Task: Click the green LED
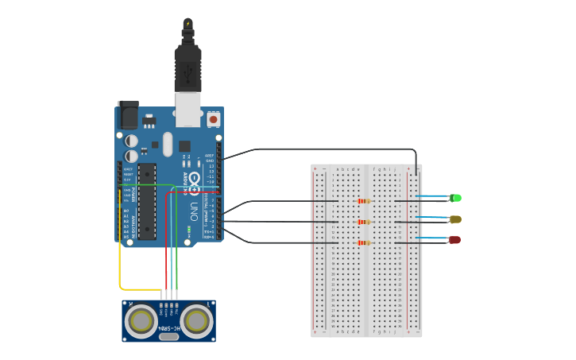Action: (x=455, y=198)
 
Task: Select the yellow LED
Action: (x=455, y=219)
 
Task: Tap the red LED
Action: (x=454, y=240)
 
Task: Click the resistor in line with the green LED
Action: (x=365, y=201)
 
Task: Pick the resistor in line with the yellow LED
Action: (x=365, y=222)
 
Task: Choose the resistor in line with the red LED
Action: (x=365, y=242)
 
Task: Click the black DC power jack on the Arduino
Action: (x=127, y=115)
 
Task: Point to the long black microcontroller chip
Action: (x=147, y=200)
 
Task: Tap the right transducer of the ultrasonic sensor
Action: (x=195, y=321)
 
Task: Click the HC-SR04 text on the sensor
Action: (x=168, y=327)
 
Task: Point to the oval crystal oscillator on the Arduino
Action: (x=167, y=144)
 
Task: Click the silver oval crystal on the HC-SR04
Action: (x=168, y=337)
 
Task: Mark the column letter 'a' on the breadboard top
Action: (x=338, y=169)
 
